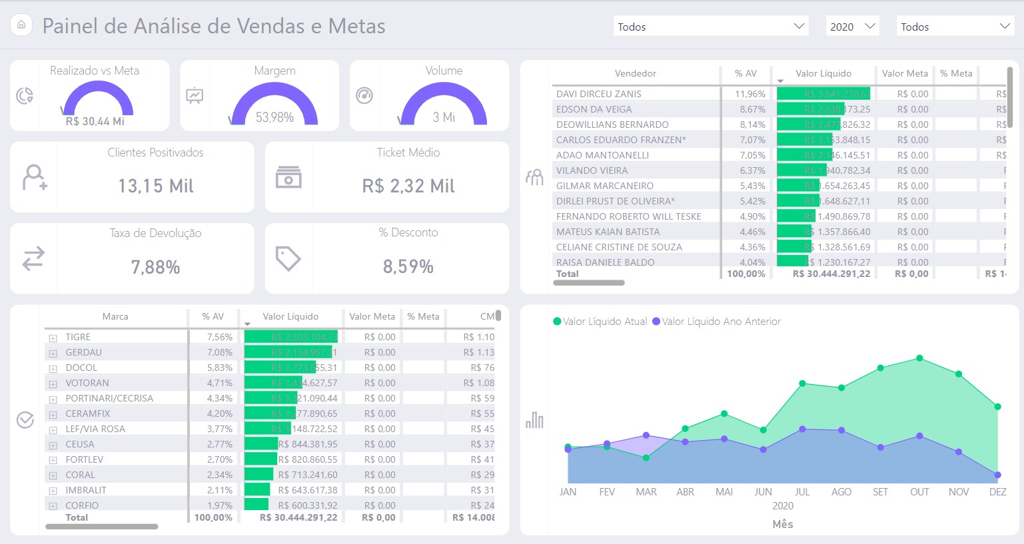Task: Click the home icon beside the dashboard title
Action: click(21, 25)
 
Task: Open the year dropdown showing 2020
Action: click(852, 27)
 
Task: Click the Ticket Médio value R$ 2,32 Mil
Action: click(408, 186)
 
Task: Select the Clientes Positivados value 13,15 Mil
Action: click(155, 186)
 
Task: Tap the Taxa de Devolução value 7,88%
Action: click(155, 267)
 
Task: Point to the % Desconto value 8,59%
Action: click(408, 266)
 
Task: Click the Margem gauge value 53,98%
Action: click(274, 117)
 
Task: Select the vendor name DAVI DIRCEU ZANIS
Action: click(598, 94)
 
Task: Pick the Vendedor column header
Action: click(635, 73)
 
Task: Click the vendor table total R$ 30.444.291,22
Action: click(831, 274)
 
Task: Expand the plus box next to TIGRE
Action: click(53, 338)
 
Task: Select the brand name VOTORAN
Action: click(87, 383)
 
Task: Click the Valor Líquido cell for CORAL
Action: click(307, 475)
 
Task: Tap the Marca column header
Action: click(115, 316)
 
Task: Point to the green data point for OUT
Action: click(919, 358)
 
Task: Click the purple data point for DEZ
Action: click(997, 475)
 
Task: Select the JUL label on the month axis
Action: click(802, 492)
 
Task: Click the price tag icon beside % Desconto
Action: click(288, 258)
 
